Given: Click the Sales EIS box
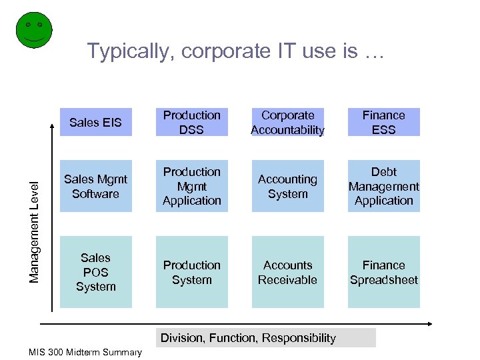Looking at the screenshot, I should (95, 123).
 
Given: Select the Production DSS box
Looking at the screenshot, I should (191, 123).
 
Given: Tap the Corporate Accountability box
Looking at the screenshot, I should (287, 123).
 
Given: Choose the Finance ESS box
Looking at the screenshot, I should (383, 123).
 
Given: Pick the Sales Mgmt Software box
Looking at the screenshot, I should (95, 186).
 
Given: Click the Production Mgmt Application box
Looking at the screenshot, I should (191, 186).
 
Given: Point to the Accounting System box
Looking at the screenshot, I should (287, 186).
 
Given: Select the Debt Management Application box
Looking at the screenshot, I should (383, 186).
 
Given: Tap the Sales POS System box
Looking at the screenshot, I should (95, 272).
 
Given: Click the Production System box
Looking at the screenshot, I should (191, 272).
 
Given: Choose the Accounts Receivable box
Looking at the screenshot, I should (287, 272).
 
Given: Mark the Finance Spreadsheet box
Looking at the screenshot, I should (383, 272).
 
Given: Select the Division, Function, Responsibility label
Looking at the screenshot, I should (248, 338).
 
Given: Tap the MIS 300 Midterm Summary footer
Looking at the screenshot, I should (85, 352).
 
